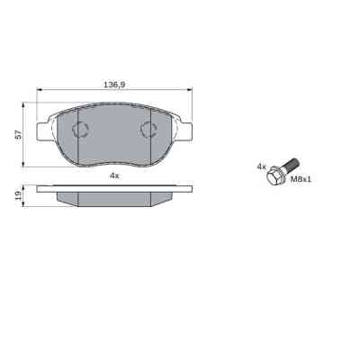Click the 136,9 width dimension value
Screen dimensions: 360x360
point(113,85)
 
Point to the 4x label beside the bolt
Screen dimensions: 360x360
point(261,166)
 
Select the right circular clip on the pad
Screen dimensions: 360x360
point(149,129)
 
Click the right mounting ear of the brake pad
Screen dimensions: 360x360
point(187,130)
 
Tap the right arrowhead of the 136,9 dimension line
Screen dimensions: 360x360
point(191,90)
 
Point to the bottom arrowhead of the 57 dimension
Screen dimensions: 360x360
point(25,165)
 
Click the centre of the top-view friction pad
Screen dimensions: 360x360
point(114,137)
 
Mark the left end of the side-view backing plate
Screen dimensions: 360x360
point(39,189)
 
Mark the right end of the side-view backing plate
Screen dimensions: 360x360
point(190,189)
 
